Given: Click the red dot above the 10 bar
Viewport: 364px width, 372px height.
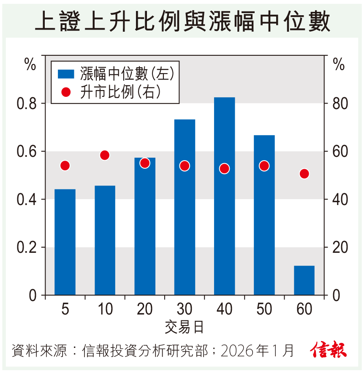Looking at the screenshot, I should (105, 155).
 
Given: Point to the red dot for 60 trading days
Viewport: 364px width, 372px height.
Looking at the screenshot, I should (304, 174).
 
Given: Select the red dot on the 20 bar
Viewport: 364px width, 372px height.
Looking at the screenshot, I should (145, 163).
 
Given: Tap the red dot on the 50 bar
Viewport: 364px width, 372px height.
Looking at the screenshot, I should (264, 166).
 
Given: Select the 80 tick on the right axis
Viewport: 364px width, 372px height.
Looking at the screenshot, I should (339, 104).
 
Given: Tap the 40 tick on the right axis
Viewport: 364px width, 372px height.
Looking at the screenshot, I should (339, 200).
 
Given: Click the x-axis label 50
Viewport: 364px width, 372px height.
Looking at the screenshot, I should (264, 309).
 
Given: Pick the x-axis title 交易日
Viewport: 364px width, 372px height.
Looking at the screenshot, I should (185, 327).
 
